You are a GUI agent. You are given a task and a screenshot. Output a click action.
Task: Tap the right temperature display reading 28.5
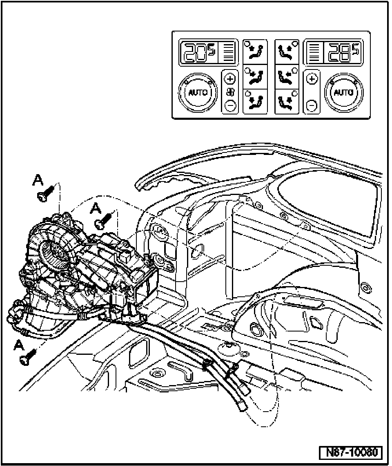[342, 52]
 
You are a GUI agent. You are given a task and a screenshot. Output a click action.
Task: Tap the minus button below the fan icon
[231, 106]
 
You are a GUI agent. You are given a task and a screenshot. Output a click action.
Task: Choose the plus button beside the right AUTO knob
[312, 78]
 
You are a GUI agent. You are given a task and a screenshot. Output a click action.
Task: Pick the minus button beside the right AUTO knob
[312, 106]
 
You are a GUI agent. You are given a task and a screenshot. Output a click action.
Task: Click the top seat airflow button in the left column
[255, 51]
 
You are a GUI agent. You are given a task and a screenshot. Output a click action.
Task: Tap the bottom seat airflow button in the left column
[255, 101]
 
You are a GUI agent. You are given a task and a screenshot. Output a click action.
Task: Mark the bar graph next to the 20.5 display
[228, 52]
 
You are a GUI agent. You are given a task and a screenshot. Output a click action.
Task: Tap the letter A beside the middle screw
[96, 208]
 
